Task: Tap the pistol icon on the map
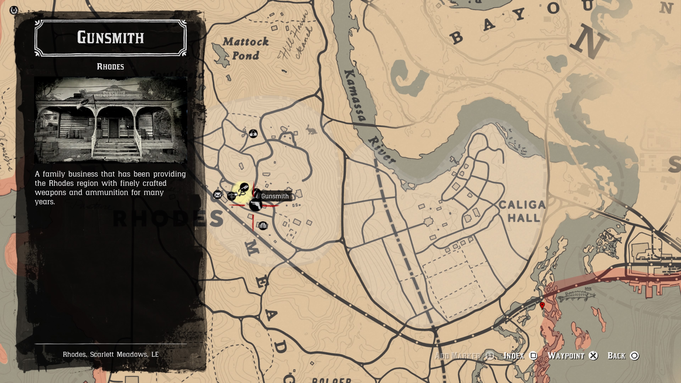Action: [255, 204]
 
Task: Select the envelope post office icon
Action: [218, 195]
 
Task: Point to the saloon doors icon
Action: [263, 226]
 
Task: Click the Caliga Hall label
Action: [522, 211]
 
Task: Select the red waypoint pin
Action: [542, 306]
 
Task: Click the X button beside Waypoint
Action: [593, 356]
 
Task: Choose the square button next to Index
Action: [533, 356]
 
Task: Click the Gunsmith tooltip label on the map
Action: [275, 196]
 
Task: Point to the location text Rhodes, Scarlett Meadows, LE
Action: [110, 354]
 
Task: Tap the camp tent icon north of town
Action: [253, 134]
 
